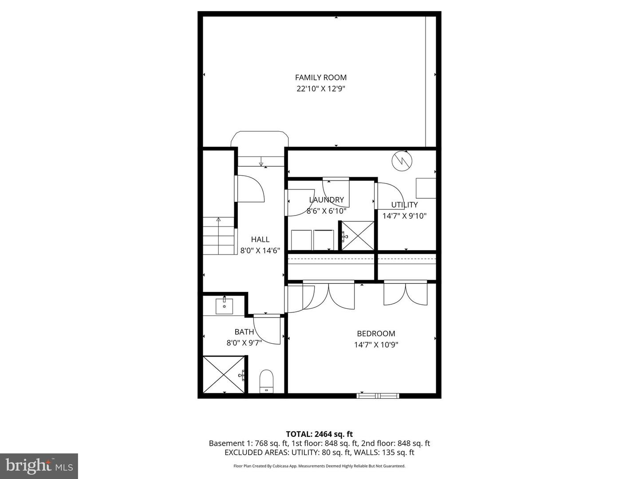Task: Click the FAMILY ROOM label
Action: tap(320, 78)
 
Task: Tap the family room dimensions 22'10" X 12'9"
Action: tap(320, 89)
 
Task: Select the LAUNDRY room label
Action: tap(326, 200)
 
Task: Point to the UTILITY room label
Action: tap(404, 205)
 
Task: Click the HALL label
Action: tap(260, 239)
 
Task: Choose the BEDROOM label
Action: tap(376, 334)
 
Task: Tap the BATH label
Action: tap(244, 332)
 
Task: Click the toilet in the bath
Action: tap(266, 381)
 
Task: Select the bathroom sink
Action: tap(225, 306)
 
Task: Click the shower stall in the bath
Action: tap(224, 374)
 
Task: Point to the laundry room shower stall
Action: tap(358, 236)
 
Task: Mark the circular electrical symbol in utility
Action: tap(402, 161)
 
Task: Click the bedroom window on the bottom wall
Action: tap(378, 395)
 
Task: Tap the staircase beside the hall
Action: tap(219, 236)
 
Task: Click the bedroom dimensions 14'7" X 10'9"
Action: tap(376, 345)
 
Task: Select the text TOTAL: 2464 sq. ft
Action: tap(319, 434)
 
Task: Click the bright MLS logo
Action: tap(39, 466)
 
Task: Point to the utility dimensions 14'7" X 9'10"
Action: tap(404, 216)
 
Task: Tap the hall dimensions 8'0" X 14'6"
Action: tap(260, 251)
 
